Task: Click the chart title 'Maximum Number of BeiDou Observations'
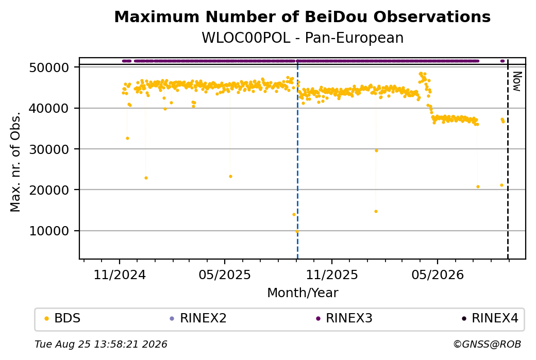click(x=302, y=16)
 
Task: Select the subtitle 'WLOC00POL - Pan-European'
click(x=303, y=38)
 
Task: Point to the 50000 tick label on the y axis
click(x=49, y=67)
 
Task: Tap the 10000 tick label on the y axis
click(x=49, y=231)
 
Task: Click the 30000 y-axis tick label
click(x=49, y=149)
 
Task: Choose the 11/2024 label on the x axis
click(x=120, y=275)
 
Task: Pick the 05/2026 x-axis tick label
click(x=438, y=275)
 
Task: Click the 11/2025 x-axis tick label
click(x=331, y=275)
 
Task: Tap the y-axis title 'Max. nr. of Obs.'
click(x=15, y=162)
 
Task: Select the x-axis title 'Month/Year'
click(x=303, y=293)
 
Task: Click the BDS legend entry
click(x=63, y=318)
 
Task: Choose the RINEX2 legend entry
click(x=198, y=318)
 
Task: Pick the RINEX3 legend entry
click(x=344, y=318)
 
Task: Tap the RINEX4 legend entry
click(x=490, y=318)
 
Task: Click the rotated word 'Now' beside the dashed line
click(x=517, y=82)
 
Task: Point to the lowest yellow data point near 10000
click(x=297, y=231)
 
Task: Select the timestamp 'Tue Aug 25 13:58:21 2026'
click(x=101, y=344)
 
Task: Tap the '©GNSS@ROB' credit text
click(x=487, y=344)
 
